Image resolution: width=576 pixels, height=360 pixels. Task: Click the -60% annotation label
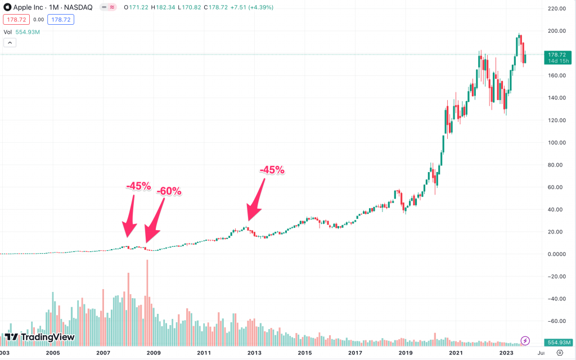[169, 191]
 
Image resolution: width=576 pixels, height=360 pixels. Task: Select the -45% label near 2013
[272, 170]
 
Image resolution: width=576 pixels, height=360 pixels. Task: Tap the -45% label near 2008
[138, 186]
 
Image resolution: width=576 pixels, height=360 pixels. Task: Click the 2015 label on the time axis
[304, 353]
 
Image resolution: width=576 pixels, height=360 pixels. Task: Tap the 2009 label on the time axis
[154, 353]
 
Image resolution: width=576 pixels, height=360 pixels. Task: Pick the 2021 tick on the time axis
[456, 353]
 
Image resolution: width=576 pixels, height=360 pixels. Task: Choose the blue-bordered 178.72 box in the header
[61, 20]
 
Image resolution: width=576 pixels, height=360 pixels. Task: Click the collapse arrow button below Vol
[9, 42]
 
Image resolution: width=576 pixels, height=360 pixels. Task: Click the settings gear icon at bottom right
[560, 353]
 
